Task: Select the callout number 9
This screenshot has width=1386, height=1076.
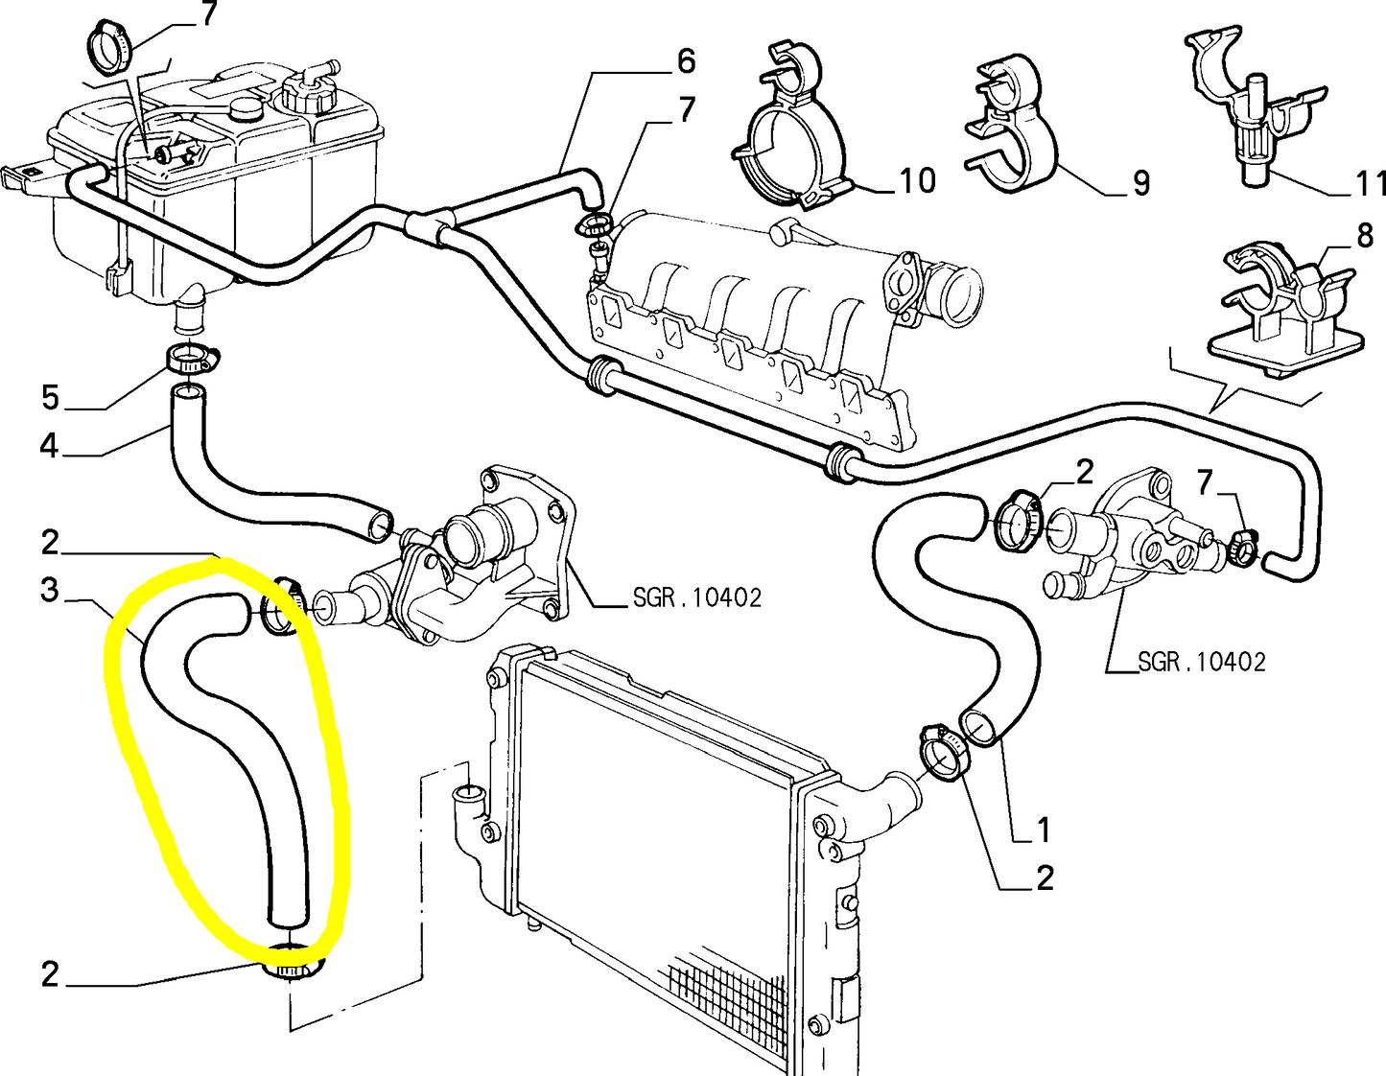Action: coord(1140,183)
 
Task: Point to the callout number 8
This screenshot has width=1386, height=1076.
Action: coord(1364,236)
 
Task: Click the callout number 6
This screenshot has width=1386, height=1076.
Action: coord(686,61)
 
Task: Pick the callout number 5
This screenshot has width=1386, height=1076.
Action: coord(50,397)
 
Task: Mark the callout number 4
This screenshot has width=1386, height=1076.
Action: coord(49,446)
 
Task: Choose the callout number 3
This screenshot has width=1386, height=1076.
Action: coord(50,590)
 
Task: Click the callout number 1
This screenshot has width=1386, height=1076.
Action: coord(1044,830)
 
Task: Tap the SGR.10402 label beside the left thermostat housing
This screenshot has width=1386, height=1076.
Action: coord(696,598)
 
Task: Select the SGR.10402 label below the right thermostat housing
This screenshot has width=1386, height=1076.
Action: coord(1201,662)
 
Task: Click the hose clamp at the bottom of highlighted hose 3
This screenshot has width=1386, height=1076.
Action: coord(293,962)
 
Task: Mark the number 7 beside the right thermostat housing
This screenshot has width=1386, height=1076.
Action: coord(1206,482)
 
